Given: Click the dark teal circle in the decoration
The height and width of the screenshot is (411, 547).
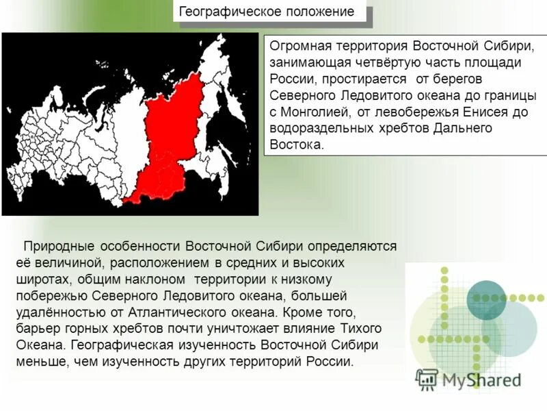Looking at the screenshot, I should point(486,300).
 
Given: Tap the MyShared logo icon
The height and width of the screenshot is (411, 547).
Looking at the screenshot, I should point(427,379).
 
